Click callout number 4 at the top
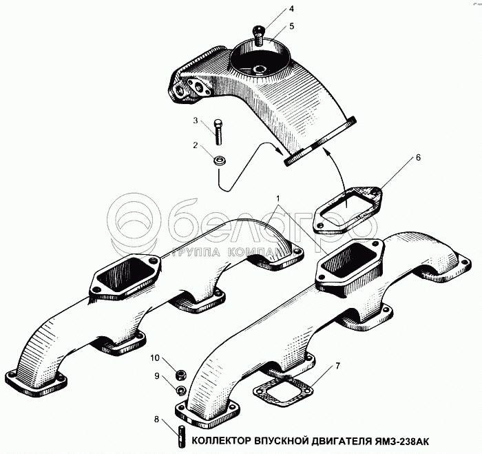click(291, 9)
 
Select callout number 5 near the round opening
click(291, 26)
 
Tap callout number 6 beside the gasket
click(418, 158)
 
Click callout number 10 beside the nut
click(155, 358)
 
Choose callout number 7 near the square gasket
click(337, 366)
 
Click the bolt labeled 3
click(218, 132)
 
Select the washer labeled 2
click(218, 161)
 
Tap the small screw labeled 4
click(258, 35)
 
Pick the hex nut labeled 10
click(180, 375)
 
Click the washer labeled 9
click(180, 390)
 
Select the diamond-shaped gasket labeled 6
click(347, 209)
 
